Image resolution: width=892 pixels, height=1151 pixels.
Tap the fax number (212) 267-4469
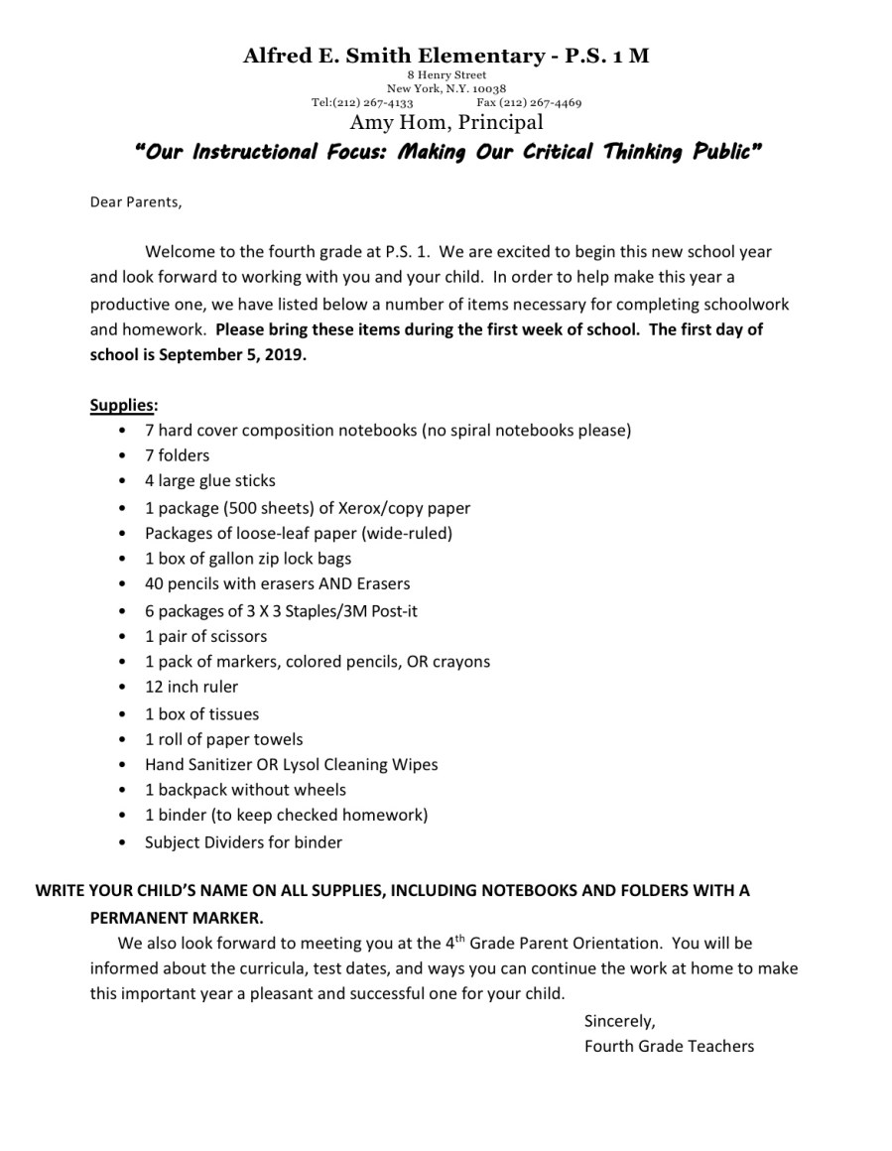coord(542,102)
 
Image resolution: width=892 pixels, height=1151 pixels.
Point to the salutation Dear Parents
coord(136,202)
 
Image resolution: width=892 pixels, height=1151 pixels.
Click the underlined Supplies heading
coord(123,405)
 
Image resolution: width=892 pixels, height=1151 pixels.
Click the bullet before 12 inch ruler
coord(121,688)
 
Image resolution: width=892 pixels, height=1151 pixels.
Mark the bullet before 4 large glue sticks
coord(121,481)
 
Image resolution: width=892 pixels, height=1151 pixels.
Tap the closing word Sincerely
coord(619,1020)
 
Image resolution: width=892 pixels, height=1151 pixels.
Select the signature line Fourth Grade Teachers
coord(669,1046)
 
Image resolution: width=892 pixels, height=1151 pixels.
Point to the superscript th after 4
coord(460,938)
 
